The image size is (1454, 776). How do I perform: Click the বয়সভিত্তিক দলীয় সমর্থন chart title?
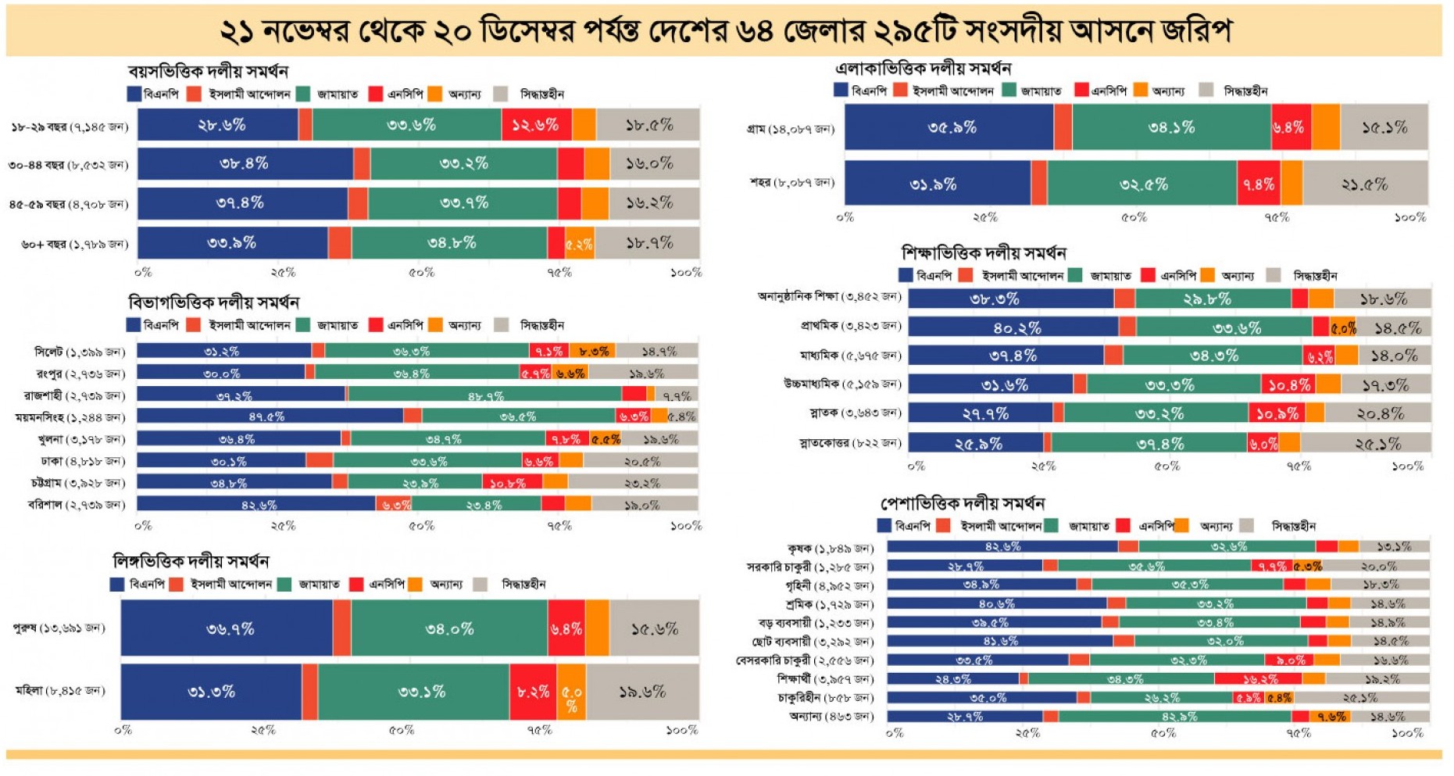coord(208,72)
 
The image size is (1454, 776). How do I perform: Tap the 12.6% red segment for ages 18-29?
coord(536,125)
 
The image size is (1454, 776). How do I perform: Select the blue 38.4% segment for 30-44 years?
coord(245,164)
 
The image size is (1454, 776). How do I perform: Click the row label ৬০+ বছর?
coord(74,244)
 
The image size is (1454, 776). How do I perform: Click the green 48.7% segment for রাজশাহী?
coord(485,395)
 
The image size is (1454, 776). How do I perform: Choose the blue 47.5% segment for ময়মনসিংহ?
coord(270,417)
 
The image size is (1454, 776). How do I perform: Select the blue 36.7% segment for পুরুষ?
coord(228,628)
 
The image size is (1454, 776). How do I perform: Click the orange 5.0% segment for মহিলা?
coord(571,692)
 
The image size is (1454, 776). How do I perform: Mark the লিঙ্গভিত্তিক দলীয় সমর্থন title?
coord(191,561)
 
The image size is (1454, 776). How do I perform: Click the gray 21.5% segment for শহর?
coord(1365,184)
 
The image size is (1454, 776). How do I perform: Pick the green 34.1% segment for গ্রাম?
coord(1171,127)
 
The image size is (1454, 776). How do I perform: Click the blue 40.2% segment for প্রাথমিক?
coord(1014,327)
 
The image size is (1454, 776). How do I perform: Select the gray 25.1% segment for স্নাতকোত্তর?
coord(1365,443)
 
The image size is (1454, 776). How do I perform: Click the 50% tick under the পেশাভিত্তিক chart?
coord(1163,733)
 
